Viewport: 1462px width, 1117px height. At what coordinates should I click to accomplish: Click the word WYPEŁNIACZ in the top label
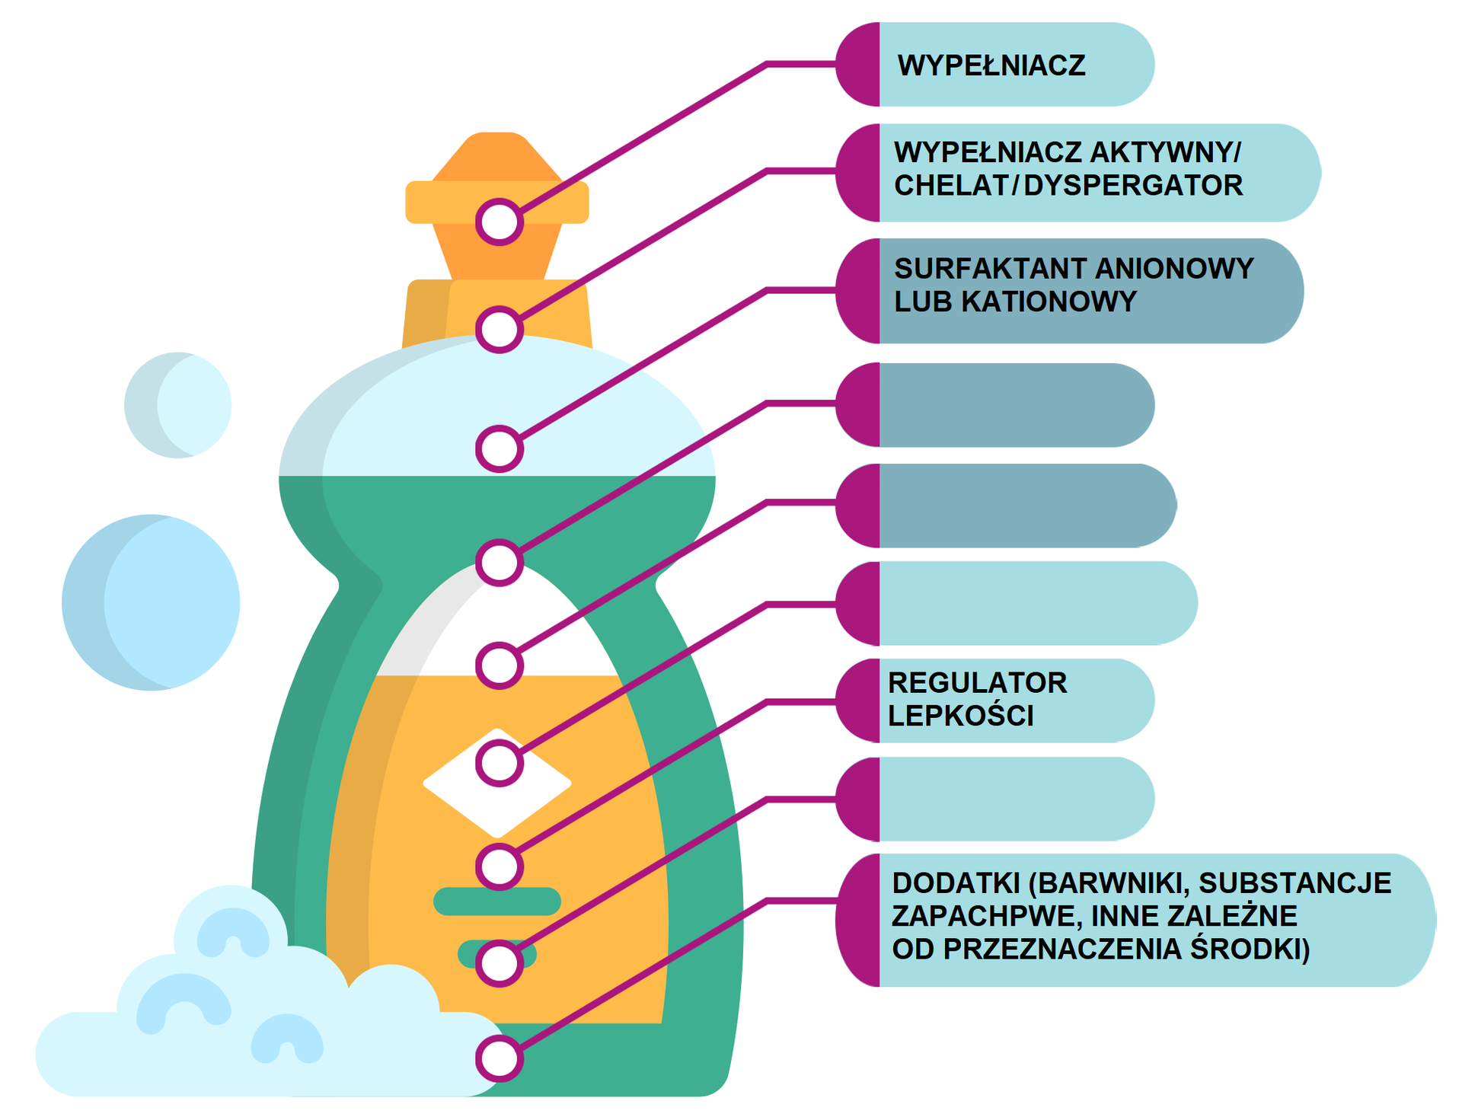991,65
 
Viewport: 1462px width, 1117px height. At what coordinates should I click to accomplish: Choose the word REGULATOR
977,683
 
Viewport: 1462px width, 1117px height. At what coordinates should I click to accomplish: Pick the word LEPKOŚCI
960,716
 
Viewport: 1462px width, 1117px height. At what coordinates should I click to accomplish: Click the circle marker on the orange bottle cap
500,222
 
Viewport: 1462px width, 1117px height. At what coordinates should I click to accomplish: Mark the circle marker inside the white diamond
500,764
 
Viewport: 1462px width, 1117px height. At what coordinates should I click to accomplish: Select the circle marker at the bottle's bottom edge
500,1058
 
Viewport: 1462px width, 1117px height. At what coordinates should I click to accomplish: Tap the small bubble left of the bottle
177,405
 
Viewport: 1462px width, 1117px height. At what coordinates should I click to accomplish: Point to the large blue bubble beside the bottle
151,602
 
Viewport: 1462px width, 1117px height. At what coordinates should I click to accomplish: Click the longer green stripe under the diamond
497,901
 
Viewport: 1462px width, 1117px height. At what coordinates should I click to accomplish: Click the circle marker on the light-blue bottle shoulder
500,448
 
